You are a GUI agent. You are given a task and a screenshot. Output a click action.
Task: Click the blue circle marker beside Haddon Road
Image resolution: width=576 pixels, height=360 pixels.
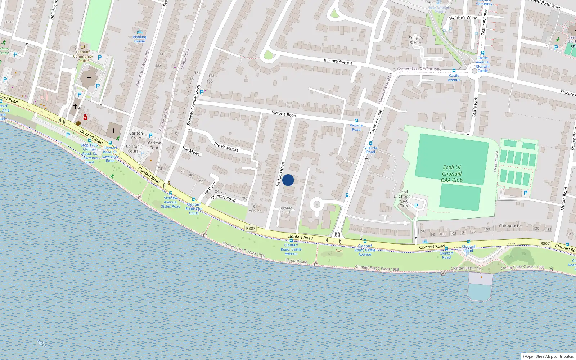[288, 180]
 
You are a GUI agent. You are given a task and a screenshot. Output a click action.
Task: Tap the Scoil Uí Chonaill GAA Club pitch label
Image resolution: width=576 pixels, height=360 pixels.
[451, 174]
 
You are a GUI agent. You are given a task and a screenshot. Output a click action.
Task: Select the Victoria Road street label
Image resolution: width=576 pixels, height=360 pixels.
[284, 114]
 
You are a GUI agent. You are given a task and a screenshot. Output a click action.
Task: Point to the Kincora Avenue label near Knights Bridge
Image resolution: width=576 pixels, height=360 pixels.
[338, 62]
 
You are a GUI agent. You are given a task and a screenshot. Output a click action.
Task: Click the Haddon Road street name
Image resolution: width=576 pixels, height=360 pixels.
[280, 174]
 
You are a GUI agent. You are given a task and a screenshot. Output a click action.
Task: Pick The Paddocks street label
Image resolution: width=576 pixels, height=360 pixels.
[226, 147]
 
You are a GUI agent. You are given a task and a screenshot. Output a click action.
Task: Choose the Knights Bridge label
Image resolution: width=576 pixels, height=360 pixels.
[416, 40]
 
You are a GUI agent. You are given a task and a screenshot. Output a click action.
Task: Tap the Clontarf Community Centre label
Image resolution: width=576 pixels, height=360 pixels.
[83, 56]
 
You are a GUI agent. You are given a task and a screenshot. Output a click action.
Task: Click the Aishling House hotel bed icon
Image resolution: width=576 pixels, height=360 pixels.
[140, 32]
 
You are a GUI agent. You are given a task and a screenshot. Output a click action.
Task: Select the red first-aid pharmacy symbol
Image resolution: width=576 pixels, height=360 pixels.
[85, 117]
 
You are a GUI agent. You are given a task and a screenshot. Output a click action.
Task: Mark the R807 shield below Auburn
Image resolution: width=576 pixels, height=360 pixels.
[251, 228]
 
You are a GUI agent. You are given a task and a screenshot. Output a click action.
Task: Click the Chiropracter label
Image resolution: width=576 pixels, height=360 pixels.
[510, 226]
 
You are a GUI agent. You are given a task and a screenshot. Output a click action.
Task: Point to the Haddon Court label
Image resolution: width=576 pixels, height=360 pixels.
[286, 210]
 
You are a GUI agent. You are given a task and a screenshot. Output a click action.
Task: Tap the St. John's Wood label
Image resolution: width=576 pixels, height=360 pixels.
[463, 18]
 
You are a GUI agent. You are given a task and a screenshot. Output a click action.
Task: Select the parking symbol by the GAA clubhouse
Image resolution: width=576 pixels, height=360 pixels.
[416, 206]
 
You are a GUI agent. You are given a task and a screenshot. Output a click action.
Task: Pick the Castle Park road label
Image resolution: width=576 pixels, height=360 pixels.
[475, 107]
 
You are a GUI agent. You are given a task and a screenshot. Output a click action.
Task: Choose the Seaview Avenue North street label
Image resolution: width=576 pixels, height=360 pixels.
[194, 105]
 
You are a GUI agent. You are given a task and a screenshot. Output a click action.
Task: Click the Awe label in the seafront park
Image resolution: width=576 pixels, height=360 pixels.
[339, 251]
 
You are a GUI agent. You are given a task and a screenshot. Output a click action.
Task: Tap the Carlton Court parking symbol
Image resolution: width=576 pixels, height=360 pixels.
[150, 136]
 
